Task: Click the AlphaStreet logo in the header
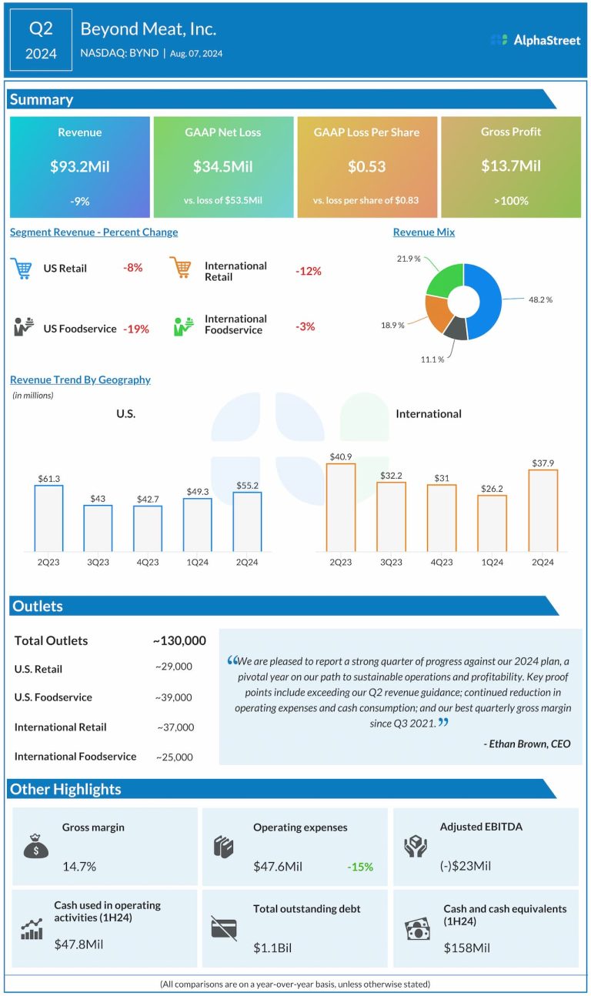pos(536,40)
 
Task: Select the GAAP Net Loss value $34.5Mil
pos(222,165)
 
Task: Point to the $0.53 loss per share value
pos(366,165)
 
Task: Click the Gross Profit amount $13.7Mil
pos(510,165)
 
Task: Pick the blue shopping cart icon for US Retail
pos(22,269)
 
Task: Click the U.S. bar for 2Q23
pos(48,518)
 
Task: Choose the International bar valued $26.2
pos(492,523)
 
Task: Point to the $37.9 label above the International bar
pos(543,463)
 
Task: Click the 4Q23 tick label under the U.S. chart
pos(148,563)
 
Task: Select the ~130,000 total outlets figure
pos(179,640)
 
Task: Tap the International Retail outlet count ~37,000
pos(175,727)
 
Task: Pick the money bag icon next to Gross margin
pos(35,846)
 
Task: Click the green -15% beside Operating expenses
pos(359,867)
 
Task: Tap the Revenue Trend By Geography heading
pos(80,379)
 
